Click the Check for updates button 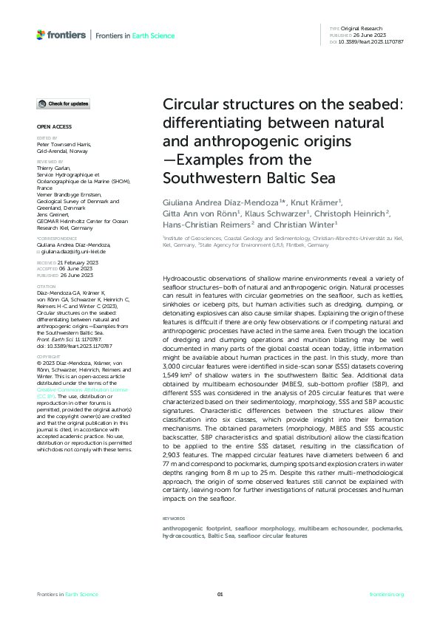(x=64, y=103)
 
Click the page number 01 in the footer (x=220, y=595)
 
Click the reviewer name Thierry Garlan (x=53, y=169)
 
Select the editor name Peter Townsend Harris (x=64, y=145)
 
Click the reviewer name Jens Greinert (x=53, y=219)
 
